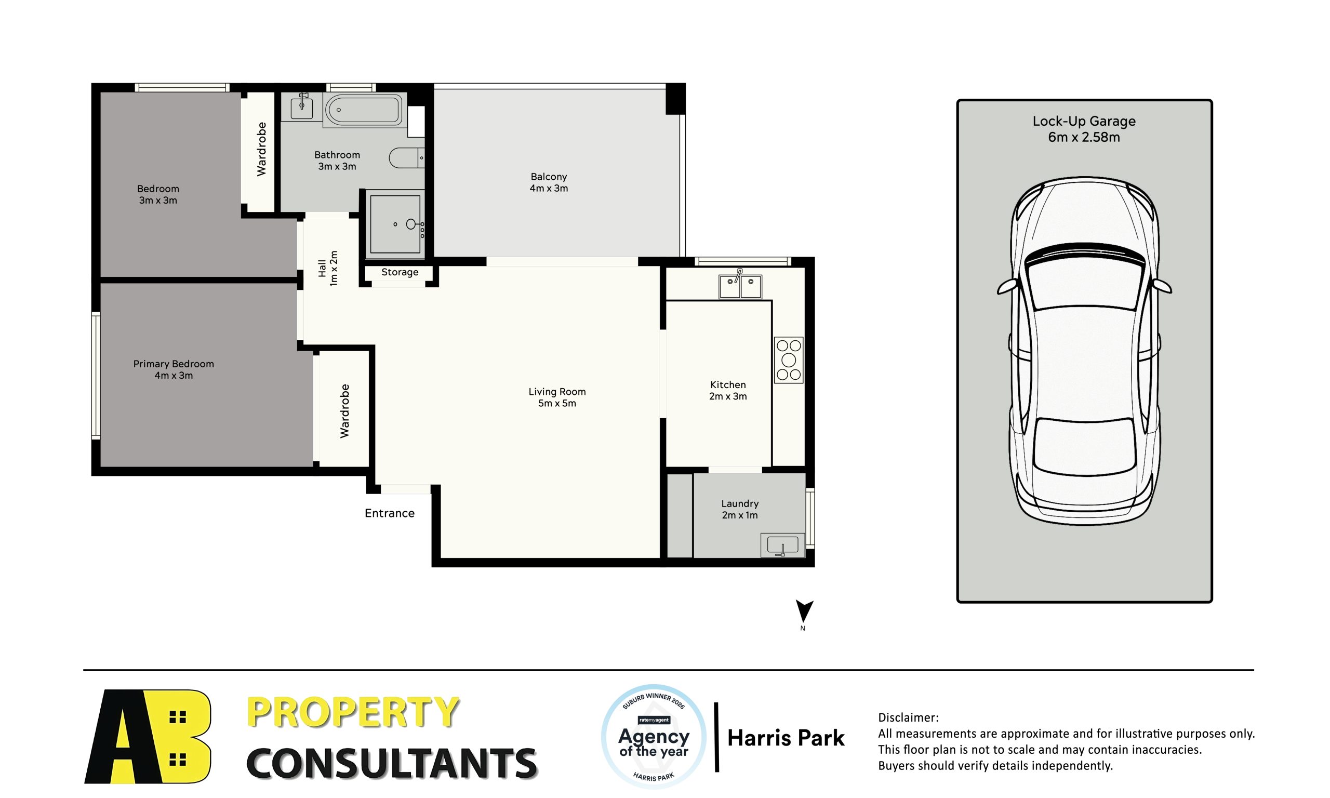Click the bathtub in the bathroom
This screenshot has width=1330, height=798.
(x=363, y=110)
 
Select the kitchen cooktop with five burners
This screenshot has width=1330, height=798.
(x=788, y=360)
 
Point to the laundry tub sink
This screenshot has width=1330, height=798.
(x=782, y=546)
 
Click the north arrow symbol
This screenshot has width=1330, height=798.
(x=804, y=611)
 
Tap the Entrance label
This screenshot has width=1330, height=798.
(x=389, y=513)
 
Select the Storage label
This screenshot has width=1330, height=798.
(x=400, y=272)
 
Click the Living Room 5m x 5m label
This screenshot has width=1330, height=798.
(x=557, y=397)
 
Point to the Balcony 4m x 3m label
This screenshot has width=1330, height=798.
(x=548, y=182)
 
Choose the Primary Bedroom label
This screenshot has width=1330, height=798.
(x=173, y=364)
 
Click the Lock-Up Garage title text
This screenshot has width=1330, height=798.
(x=1084, y=122)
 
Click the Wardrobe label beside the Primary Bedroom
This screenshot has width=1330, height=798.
(x=344, y=411)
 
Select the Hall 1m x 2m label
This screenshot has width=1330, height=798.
(x=327, y=268)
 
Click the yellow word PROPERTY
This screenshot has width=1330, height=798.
(x=353, y=712)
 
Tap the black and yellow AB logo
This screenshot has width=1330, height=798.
(x=148, y=736)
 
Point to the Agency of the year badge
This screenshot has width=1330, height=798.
(x=653, y=736)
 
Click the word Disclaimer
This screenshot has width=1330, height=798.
(x=908, y=717)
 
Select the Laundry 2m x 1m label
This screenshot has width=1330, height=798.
(x=740, y=509)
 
